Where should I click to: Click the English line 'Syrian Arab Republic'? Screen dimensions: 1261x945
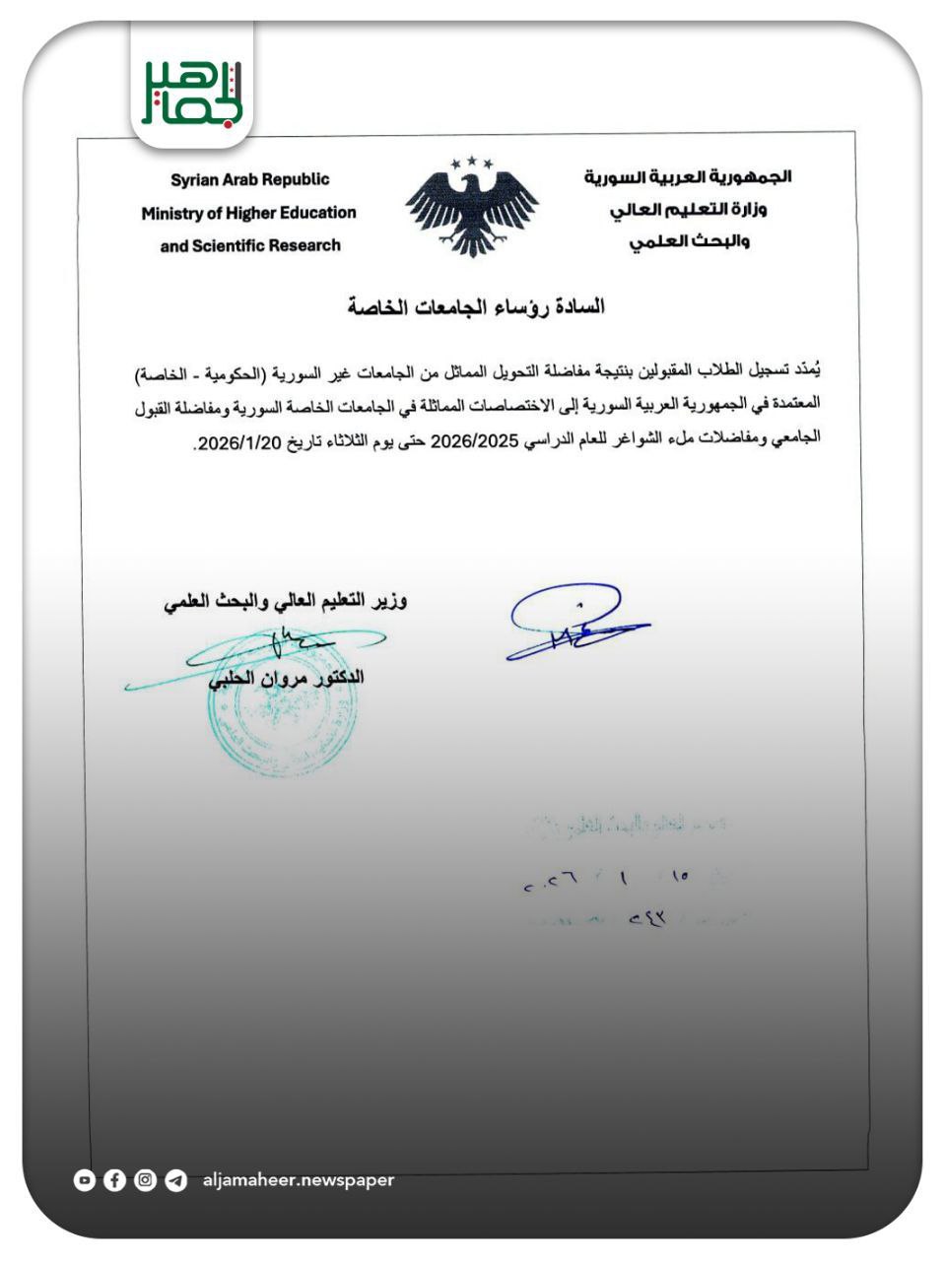point(249,179)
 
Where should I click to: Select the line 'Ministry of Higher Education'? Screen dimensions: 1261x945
point(248,213)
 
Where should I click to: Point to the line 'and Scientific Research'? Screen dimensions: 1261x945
point(250,245)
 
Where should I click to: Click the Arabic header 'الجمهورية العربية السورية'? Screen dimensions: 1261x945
point(688,177)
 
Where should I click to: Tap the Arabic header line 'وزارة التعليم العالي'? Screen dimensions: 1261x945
point(689,210)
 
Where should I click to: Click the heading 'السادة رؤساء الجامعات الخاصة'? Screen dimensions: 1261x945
point(476,306)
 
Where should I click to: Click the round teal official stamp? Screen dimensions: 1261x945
point(283,705)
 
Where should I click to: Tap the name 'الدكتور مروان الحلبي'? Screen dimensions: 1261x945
point(286,678)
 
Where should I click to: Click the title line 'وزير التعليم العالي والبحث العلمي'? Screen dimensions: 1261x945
point(286,600)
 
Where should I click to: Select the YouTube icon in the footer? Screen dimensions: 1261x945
point(85,1179)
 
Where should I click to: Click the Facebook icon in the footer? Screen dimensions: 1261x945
point(115,1179)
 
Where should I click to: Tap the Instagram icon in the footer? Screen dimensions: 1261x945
point(146,1179)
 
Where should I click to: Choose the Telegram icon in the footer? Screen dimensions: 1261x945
point(176,1179)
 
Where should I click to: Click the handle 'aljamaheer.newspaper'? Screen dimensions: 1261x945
point(298,1179)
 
